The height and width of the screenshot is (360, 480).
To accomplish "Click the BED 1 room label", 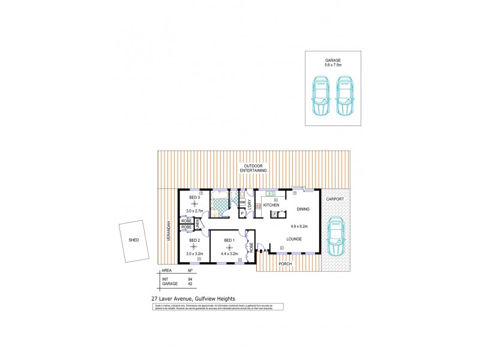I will [229, 241].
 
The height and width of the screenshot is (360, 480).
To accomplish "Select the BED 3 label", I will [194, 197].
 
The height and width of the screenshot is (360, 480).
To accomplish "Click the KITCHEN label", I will [271, 205].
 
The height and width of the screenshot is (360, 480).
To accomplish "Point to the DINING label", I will [303, 209].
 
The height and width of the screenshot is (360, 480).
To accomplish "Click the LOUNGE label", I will [293, 239].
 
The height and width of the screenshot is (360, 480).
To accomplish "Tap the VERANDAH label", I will [169, 231].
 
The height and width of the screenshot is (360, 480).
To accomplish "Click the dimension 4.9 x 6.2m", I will [299, 226].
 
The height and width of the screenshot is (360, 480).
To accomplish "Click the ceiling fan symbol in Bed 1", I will [229, 247].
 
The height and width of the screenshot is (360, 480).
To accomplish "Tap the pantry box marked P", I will [244, 212].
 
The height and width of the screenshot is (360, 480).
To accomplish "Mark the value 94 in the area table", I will [190, 280].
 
